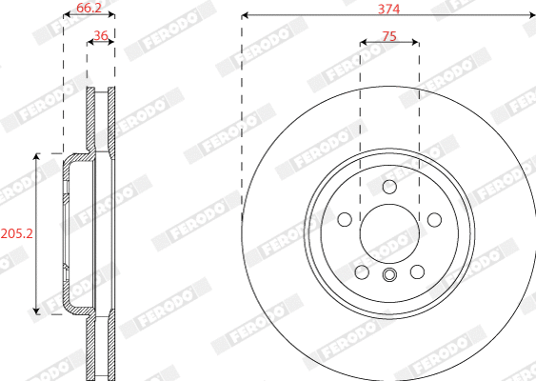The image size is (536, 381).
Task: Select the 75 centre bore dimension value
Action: click(x=388, y=35)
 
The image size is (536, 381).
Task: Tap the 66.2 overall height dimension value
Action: click(x=89, y=8)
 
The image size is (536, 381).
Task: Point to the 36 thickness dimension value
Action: click(x=100, y=36)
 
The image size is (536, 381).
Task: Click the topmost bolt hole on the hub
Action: click(x=388, y=187)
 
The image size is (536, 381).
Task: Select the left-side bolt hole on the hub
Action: click(x=344, y=220)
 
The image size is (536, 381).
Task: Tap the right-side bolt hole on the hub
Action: click(x=434, y=220)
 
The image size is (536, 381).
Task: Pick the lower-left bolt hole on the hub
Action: click(x=361, y=273)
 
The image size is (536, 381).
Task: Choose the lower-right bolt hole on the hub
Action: click(x=417, y=273)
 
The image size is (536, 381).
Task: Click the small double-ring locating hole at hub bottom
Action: click(x=388, y=276)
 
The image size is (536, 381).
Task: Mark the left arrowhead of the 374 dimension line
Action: click(x=245, y=15)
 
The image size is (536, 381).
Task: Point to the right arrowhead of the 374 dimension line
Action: click(x=531, y=15)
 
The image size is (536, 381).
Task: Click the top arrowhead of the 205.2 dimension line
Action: click(x=38, y=154)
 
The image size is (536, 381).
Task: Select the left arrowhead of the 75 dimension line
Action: click(x=363, y=42)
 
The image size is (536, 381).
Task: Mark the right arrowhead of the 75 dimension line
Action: click(x=416, y=42)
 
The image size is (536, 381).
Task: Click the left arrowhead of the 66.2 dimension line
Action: click(x=66, y=15)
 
